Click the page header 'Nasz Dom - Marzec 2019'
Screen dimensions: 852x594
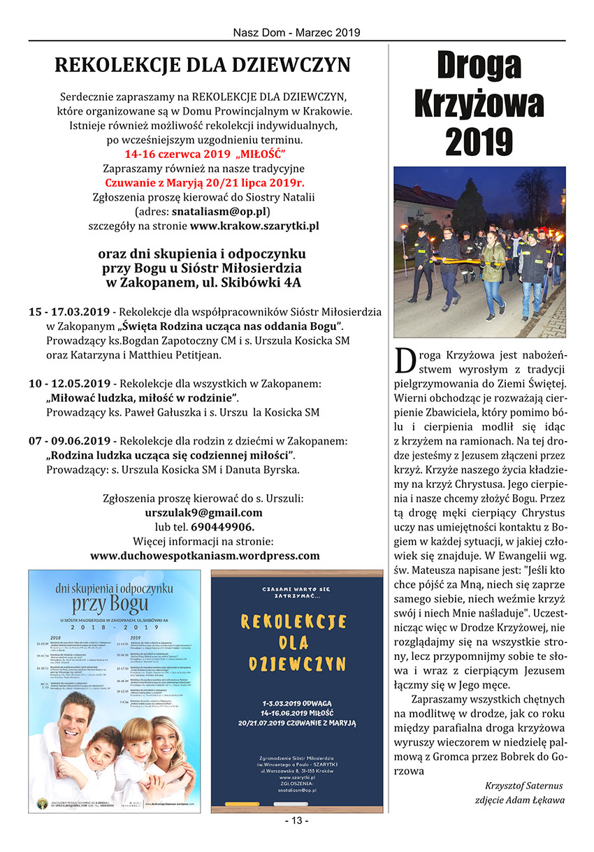[x=296, y=32]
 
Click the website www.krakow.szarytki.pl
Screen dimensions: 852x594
[x=254, y=226]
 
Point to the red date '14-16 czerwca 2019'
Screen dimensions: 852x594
[x=158, y=154]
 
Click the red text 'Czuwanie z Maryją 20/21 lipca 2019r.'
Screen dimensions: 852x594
[x=203, y=182]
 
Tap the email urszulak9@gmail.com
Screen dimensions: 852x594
[x=203, y=512]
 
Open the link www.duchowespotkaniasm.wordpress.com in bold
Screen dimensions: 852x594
[x=205, y=556]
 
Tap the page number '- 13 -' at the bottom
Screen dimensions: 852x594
[x=296, y=820]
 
